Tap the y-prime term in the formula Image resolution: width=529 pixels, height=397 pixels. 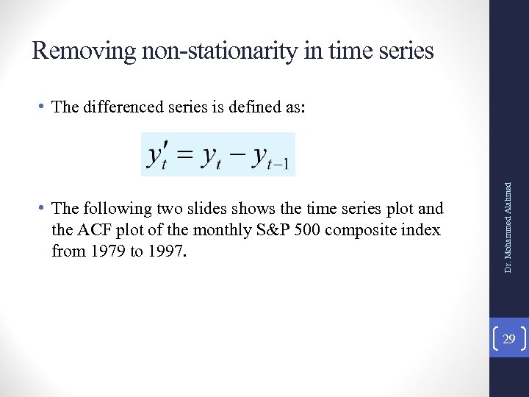click(x=157, y=155)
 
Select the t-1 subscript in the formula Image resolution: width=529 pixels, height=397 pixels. click(x=282, y=165)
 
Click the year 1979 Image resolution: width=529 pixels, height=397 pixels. click(x=103, y=251)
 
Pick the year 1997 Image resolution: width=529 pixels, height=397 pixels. click(x=167, y=251)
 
